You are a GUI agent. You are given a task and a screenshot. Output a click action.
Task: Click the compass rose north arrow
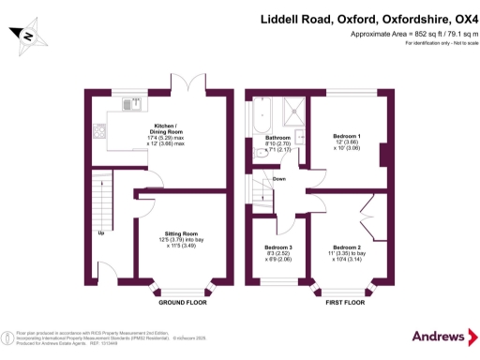click(28, 37)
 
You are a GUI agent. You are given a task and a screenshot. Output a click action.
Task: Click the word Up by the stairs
click(100, 232)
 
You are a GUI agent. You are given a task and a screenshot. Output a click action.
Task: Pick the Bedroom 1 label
click(347, 137)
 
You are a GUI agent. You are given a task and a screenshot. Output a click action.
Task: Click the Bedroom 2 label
click(347, 247)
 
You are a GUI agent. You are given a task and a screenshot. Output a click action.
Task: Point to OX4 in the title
click(463, 18)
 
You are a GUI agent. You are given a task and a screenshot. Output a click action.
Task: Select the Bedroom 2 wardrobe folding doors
click(377, 208)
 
